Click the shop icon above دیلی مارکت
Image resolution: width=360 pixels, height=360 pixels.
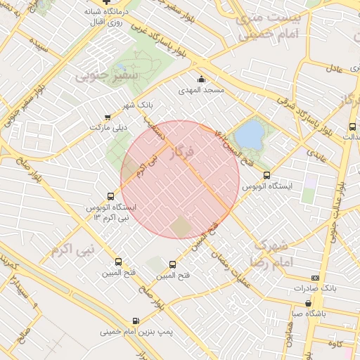point(108,117)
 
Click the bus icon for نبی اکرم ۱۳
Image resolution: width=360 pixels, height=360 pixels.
point(110,196)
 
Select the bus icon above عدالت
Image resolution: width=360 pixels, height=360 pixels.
point(352,127)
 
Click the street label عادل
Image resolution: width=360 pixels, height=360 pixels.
point(335,67)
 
